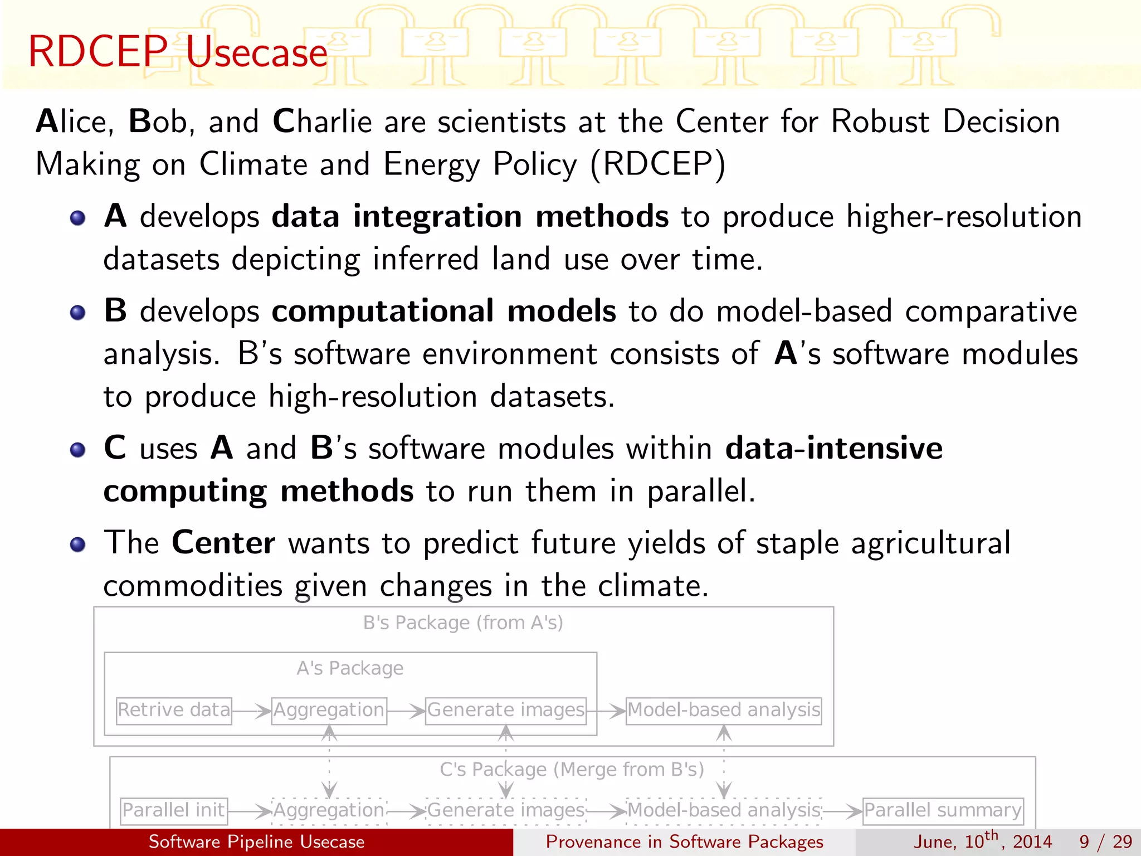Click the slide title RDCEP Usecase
pyautogui.click(x=177, y=52)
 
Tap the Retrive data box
pyautogui.click(x=174, y=711)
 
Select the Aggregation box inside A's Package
pyautogui.click(x=329, y=711)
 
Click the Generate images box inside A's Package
pyautogui.click(x=505, y=711)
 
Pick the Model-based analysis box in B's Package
pyautogui.click(x=723, y=711)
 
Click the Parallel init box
pyautogui.click(x=174, y=810)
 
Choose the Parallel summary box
pyautogui.click(x=943, y=810)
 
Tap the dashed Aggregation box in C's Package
pyautogui.click(x=329, y=810)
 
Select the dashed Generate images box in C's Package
pyautogui.click(x=505, y=810)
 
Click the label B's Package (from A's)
pyautogui.click(x=463, y=622)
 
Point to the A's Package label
pyautogui.click(x=350, y=668)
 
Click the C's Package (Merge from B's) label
pyautogui.click(x=572, y=770)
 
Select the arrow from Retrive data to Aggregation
pyautogui.click(x=251, y=711)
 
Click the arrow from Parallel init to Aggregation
pyautogui.click(x=250, y=811)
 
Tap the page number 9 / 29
pyautogui.click(x=1105, y=842)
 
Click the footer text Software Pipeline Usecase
pyautogui.click(x=256, y=842)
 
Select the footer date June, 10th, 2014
pyautogui.click(x=982, y=841)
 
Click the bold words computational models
pyautogui.click(x=443, y=311)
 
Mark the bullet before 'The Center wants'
pyautogui.click(x=78, y=544)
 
